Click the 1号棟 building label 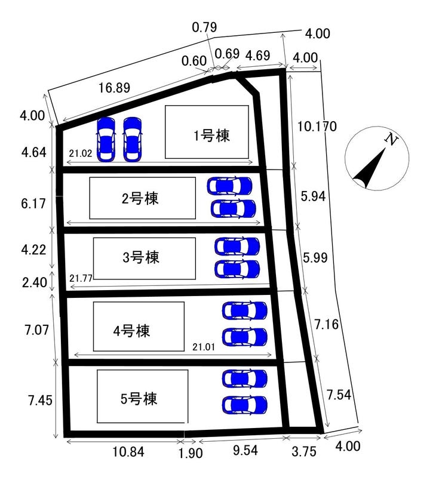[x=211, y=136]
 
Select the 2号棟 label [x=140, y=199]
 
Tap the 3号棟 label [x=141, y=257]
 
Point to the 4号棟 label [x=131, y=331]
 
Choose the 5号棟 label [x=139, y=399]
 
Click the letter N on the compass [x=391, y=140]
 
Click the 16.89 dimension [x=114, y=88]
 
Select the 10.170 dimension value [x=317, y=126]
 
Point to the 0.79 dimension [x=204, y=27]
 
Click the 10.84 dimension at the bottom [x=128, y=451]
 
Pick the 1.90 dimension [x=190, y=453]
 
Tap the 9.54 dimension [x=245, y=450]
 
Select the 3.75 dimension [x=303, y=451]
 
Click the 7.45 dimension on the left [x=40, y=401]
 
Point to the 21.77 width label [x=81, y=278]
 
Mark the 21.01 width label [x=204, y=347]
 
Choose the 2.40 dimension [x=35, y=282]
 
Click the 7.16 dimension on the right [x=327, y=324]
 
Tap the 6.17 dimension [x=33, y=204]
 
